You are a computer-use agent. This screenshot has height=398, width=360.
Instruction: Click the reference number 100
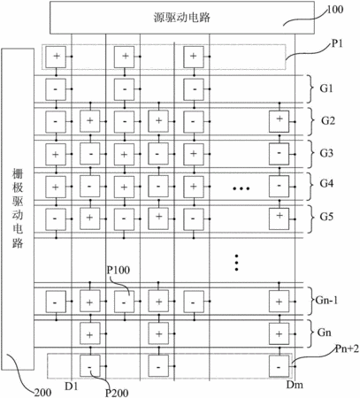click(x=335, y=10)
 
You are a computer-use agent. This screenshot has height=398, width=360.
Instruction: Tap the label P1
click(x=337, y=43)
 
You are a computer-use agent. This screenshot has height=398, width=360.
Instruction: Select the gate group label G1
click(x=326, y=88)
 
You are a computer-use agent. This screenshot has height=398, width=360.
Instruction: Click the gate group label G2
click(x=328, y=120)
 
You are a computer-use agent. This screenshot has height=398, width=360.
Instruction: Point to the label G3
click(x=326, y=153)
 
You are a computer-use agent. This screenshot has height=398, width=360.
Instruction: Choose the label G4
click(x=326, y=184)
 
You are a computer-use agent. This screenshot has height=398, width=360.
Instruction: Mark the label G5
click(x=326, y=217)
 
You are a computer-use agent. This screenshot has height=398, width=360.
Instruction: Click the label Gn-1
click(x=326, y=301)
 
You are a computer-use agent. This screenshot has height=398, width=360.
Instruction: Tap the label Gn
click(x=324, y=333)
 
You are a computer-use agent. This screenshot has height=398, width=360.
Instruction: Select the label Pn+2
click(x=348, y=349)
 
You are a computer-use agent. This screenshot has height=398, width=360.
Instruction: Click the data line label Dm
click(x=295, y=385)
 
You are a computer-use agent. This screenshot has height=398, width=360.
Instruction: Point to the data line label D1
click(x=71, y=386)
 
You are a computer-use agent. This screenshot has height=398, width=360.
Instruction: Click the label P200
click(x=117, y=393)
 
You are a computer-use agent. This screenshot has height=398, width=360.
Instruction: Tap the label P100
click(x=119, y=270)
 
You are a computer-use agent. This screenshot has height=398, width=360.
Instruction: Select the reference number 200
click(x=42, y=393)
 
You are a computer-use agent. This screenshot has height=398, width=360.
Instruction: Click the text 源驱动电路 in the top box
click(x=182, y=18)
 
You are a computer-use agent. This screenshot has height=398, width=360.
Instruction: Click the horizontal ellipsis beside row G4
click(x=241, y=188)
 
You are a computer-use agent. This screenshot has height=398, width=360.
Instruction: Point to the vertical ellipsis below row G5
click(x=236, y=263)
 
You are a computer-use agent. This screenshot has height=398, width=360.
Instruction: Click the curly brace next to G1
click(x=310, y=88)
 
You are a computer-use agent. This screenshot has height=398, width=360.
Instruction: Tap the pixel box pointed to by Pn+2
click(x=279, y=366)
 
